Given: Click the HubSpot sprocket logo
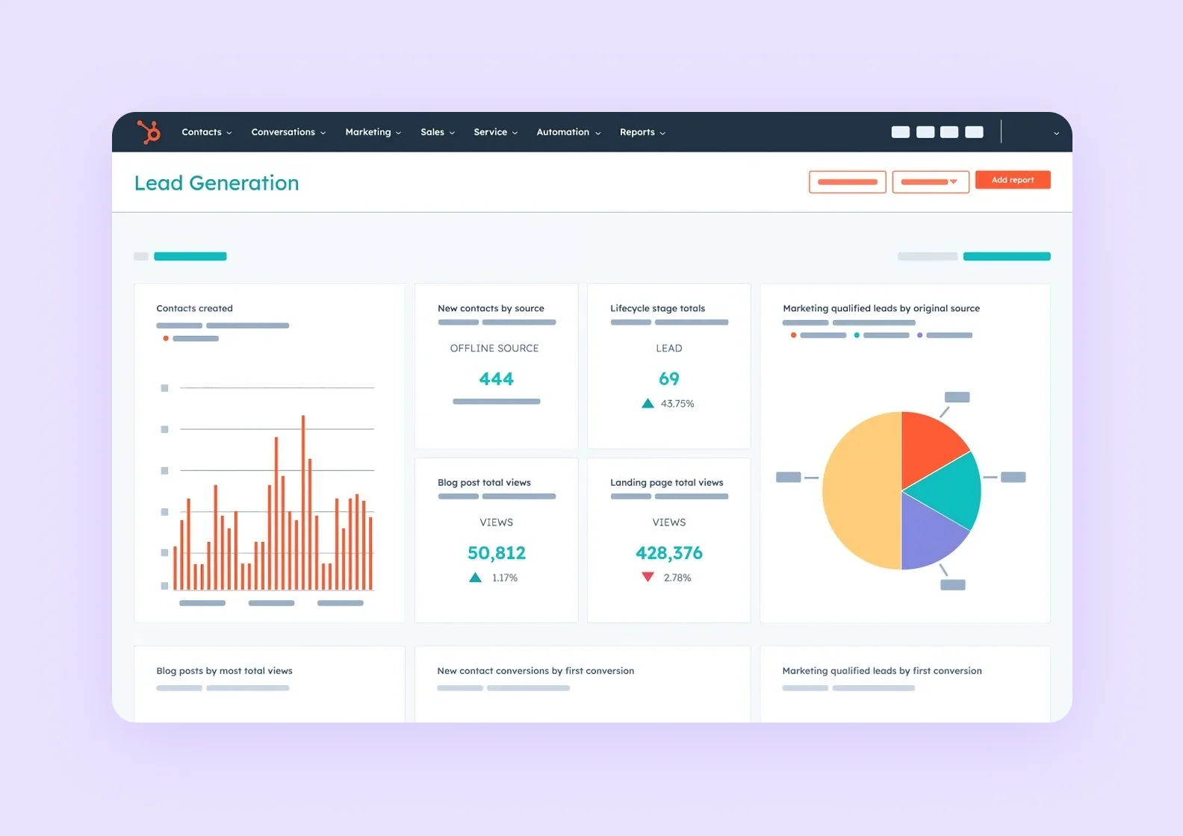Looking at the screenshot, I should click(149, 132).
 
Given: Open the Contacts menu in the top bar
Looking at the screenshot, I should click(206, 132).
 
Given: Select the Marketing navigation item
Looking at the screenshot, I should click(373, 132).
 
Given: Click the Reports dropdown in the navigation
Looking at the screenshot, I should click(642, 132).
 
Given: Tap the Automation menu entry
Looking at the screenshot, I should click(568, 132).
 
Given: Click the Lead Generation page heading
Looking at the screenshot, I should click(217, 183).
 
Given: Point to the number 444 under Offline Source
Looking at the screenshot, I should click(496, 379).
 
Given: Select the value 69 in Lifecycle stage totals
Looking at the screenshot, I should click(668, 379).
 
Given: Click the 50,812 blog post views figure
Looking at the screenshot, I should click(496, 553).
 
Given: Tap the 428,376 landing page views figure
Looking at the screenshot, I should click(668, 553).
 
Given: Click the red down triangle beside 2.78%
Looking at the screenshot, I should click(648, 577).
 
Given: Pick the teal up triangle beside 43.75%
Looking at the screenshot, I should click(648, 404).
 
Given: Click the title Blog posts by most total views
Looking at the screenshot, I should click(224, 671).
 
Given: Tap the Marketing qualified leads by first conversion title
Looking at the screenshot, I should click(881, 671).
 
